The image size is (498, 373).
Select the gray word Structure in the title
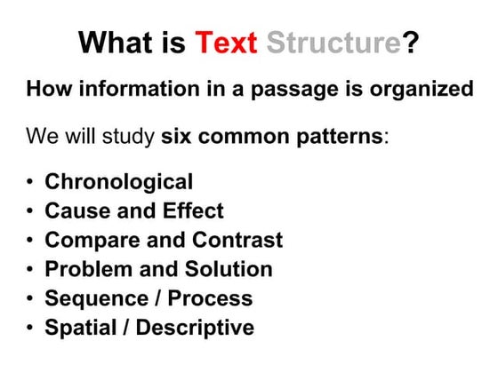(x=335, y=44)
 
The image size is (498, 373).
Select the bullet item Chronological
(x=118, y=183)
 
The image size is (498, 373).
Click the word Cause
(x=75, y=211)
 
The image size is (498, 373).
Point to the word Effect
(x=191, y=211)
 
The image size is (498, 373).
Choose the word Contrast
(x=240, y=241)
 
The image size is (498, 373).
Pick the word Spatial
(x=77, y=328)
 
